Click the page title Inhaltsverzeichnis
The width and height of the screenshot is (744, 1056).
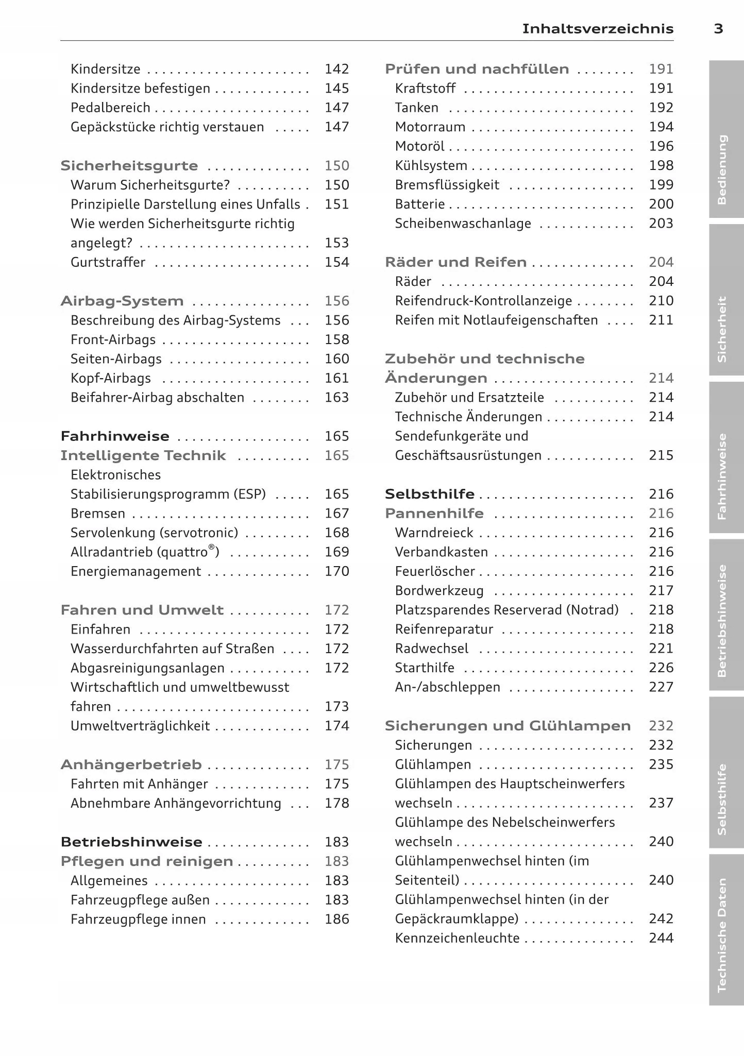[598, 29]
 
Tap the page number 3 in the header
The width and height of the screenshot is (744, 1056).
[718, 29]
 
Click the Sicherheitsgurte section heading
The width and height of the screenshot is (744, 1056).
[129, 166]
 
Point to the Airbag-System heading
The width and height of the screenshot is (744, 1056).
[122, 301]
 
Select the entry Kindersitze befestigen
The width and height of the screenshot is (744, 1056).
[140, 89]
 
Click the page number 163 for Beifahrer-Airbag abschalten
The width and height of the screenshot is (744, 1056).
[336, 398]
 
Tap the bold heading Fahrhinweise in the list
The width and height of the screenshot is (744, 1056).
[115, 436]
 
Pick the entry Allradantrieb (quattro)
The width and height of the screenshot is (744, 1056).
[145, 552]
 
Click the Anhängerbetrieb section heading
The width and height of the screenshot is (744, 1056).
[131, 765]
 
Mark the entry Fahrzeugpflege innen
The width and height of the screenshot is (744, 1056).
[138, 919]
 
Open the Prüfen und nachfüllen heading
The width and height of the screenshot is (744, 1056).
[477, 69]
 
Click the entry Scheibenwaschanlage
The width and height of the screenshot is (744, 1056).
[463, 224]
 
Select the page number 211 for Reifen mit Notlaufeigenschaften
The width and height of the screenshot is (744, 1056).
[661, 320]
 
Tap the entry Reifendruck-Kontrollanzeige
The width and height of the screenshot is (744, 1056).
[483, 301]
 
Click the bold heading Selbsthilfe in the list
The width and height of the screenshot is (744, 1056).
[429, 495]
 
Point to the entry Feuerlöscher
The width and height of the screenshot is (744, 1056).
[435, 571]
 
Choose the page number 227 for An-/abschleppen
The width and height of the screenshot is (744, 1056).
[661, 687]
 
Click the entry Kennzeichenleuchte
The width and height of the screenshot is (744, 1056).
[457, 938]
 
